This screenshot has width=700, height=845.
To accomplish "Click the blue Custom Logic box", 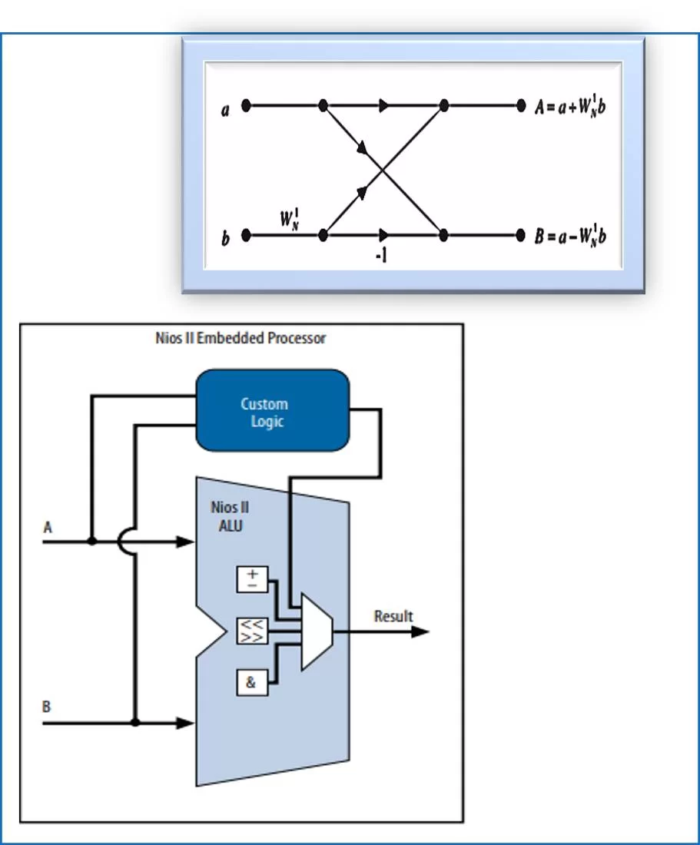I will tap(273, 412).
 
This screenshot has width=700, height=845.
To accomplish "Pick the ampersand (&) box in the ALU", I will tap(250, 683).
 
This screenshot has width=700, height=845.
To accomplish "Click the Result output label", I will tap(393, 616).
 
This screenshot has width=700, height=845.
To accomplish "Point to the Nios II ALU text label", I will tap(230, 516).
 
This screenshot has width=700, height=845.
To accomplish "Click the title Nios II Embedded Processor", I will tap(241, 338).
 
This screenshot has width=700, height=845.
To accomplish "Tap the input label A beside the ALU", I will tap(48, 527).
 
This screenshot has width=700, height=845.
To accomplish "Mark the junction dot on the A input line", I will tap(92, 542).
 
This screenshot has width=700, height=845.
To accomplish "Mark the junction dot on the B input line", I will tap(135, 723).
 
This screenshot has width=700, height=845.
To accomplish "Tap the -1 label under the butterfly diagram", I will tap(380, 256).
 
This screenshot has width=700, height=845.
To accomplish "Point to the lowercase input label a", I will tap(225, 111).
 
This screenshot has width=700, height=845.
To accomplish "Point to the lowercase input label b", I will tap(225, 239).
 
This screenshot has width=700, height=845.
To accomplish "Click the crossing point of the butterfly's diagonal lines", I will tap(383, 171).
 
